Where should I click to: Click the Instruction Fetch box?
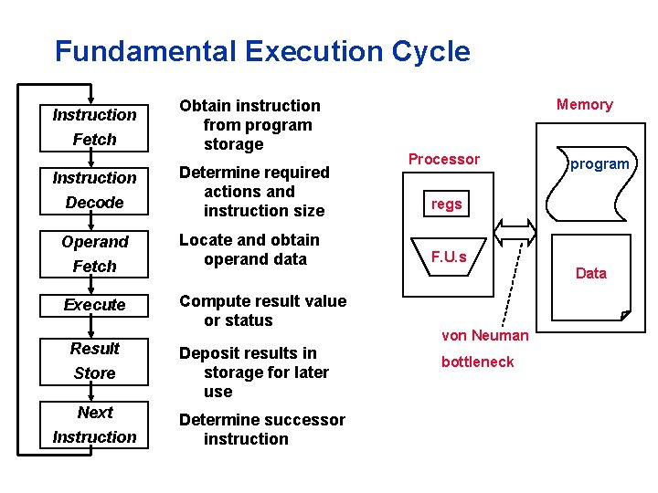pyautogui.click(x=94, y=127)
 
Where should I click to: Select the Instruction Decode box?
pyautogui.click(x=94, y=190)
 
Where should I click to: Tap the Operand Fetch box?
pyautogui.click(x=94, y=254)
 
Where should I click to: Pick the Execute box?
pyautogui.click(x=94, y=304)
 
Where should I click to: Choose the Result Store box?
pyautogui.click(x=94, y=361)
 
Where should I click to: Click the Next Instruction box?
pyautogui.click(x=94, y=425)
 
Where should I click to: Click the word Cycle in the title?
pyautogui.click(x=430, y=51)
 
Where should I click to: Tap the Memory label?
pyautogui.click(x=584, y=104)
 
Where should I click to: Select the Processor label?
pyautogui.click(x=443, y=159)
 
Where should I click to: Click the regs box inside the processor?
pyautogui.click(x=446, y=205)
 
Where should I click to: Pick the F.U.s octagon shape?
pyautogui.click(x=449, y=257)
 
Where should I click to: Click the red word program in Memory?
pyautogui.click(x=600, y=164)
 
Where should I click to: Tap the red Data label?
pyautogui.click(x=590, y=273)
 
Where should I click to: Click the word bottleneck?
pyautogui.click(x=477, y=362)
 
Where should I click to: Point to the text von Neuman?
pyautogui.click(x=484, y=335)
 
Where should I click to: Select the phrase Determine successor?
pyautogui.click(x=261, y=420)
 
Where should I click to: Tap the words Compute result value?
pyautogui.click(x=262, y=301)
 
